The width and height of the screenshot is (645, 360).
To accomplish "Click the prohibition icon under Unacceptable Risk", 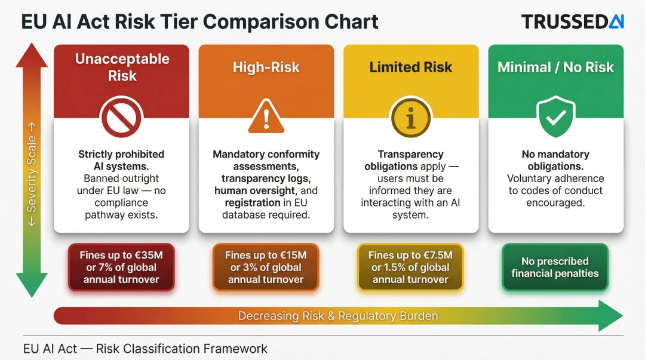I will (121, 118).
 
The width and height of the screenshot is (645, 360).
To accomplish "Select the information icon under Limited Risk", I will (410, 118).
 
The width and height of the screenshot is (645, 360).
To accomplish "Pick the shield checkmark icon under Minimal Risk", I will (555, 118).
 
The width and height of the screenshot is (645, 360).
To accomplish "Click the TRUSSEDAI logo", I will (572, 22).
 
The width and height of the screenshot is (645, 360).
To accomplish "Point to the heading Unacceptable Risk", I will (122, 67).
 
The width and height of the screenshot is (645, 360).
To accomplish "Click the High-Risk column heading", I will (266, 67).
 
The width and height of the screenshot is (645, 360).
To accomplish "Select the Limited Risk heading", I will (410, 67).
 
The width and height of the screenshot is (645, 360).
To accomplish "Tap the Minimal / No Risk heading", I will (555, 67).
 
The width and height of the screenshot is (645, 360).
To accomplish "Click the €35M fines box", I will (121, 267).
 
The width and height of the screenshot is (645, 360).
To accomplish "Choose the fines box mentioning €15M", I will (266, 267).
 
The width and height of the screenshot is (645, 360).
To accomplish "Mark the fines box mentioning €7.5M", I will (410, 267).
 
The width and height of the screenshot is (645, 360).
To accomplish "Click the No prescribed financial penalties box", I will (555, 267).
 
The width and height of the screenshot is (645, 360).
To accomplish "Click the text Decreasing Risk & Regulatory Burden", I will (338, 316).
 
